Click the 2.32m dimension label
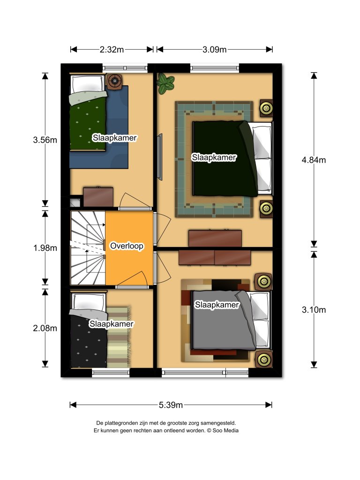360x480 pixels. [x=112, y=49]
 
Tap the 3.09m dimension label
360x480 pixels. [x=214, y=49]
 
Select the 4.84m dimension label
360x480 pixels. [x=314, y=160]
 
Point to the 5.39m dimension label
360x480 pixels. [x=171, y=405]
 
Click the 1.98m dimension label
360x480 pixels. [x=45, y=248]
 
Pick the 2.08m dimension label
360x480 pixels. [x=45, y=328]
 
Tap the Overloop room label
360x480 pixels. [x=127, y=246]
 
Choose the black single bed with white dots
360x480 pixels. [x=89, y=330]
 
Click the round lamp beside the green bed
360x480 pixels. [x=115, y=81]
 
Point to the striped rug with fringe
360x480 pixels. [x=119, y=337]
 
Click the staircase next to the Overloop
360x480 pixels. [x=88, y=248]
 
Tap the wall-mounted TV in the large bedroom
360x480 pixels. [x=159, y=157]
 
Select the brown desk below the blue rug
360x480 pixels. [x=98, y=196]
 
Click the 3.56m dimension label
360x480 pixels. [x=45, y=140]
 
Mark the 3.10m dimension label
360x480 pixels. [x=314, y=310]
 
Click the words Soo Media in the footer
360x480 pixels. [x=225, y=430]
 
